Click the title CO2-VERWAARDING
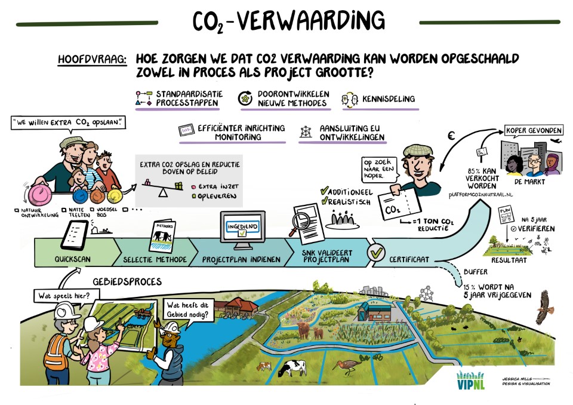pyautogui.click(x=288, y=21)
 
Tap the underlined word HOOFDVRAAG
pyautogui.click(x=92, y=60)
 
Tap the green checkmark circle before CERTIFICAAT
pyautogui.click(x=376, y=253)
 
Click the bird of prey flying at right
pyautogui.click(x=545, y=306)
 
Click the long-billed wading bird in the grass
pyautogui.click(x=349, y=364)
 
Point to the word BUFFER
pyautogui.click(x=475, y=270)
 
